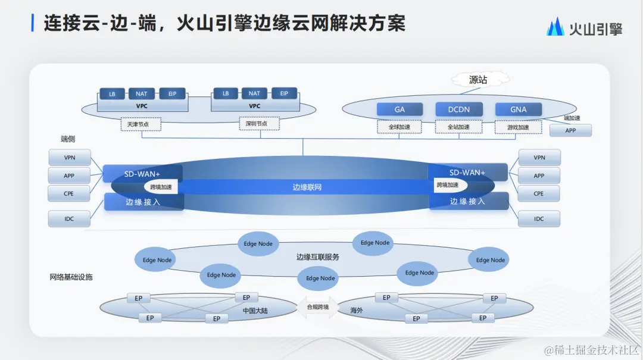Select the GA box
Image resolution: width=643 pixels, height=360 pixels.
click(399, 109)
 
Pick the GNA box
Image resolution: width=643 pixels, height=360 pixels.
click(519, 109)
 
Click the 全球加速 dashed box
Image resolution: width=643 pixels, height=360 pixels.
click(399, 127)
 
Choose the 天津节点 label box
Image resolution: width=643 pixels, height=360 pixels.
click(142, 125)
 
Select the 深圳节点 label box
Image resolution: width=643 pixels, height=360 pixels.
click(258, 125)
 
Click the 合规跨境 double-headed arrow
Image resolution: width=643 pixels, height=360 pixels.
click(317, 307)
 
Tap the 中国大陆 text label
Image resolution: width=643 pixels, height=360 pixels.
click(254, 311)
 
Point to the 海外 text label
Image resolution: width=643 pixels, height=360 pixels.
click(356, 311)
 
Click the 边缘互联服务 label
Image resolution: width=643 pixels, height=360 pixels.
click(318, 257)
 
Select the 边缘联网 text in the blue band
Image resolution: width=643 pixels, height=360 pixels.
click(307, 187)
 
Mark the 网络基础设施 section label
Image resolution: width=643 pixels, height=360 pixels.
click(71, 277)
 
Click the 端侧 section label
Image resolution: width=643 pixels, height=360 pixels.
click(68, 139)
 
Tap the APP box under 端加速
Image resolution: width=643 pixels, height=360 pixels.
click(570, 130)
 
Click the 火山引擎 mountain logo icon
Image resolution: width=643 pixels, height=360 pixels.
click(555, 27)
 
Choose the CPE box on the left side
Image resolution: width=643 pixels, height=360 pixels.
click(69, 193)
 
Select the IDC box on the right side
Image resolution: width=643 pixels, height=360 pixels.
click(539, 219)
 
